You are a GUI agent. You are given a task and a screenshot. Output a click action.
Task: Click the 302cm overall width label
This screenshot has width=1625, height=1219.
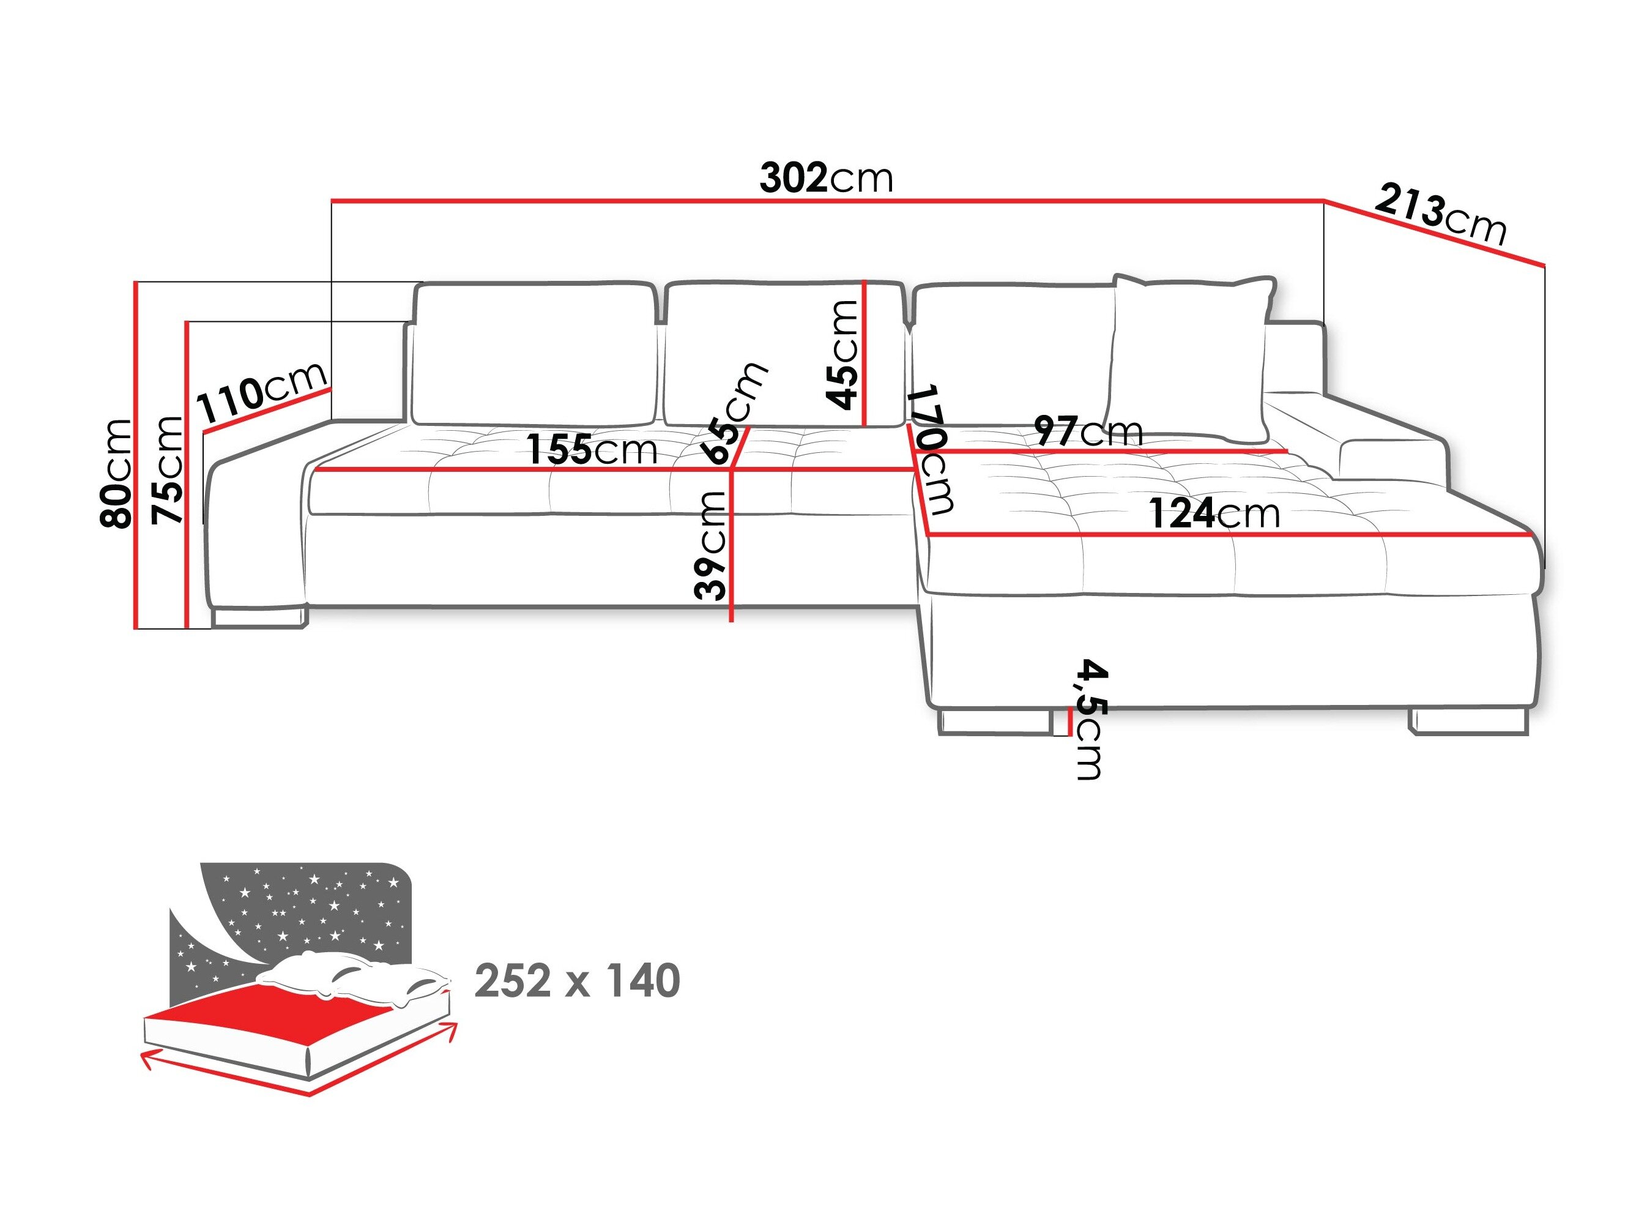pos(826,179)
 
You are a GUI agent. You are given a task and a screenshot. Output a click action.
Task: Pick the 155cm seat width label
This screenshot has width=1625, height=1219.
pos(592,449)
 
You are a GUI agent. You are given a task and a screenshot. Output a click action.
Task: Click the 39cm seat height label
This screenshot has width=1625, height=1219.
pos(711,545)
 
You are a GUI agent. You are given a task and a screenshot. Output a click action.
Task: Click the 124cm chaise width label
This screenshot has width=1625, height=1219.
pos(1214,513)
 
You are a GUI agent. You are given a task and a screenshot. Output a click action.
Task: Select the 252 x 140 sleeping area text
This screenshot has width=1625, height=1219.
pos(578,981)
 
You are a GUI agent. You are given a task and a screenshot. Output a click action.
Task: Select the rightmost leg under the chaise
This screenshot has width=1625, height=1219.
pos(1468,721)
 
